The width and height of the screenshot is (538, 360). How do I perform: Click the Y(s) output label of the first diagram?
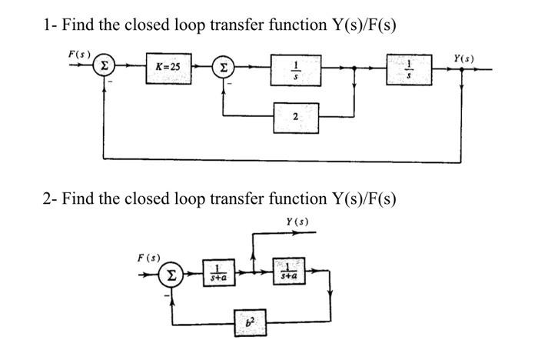tap(464, 57)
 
